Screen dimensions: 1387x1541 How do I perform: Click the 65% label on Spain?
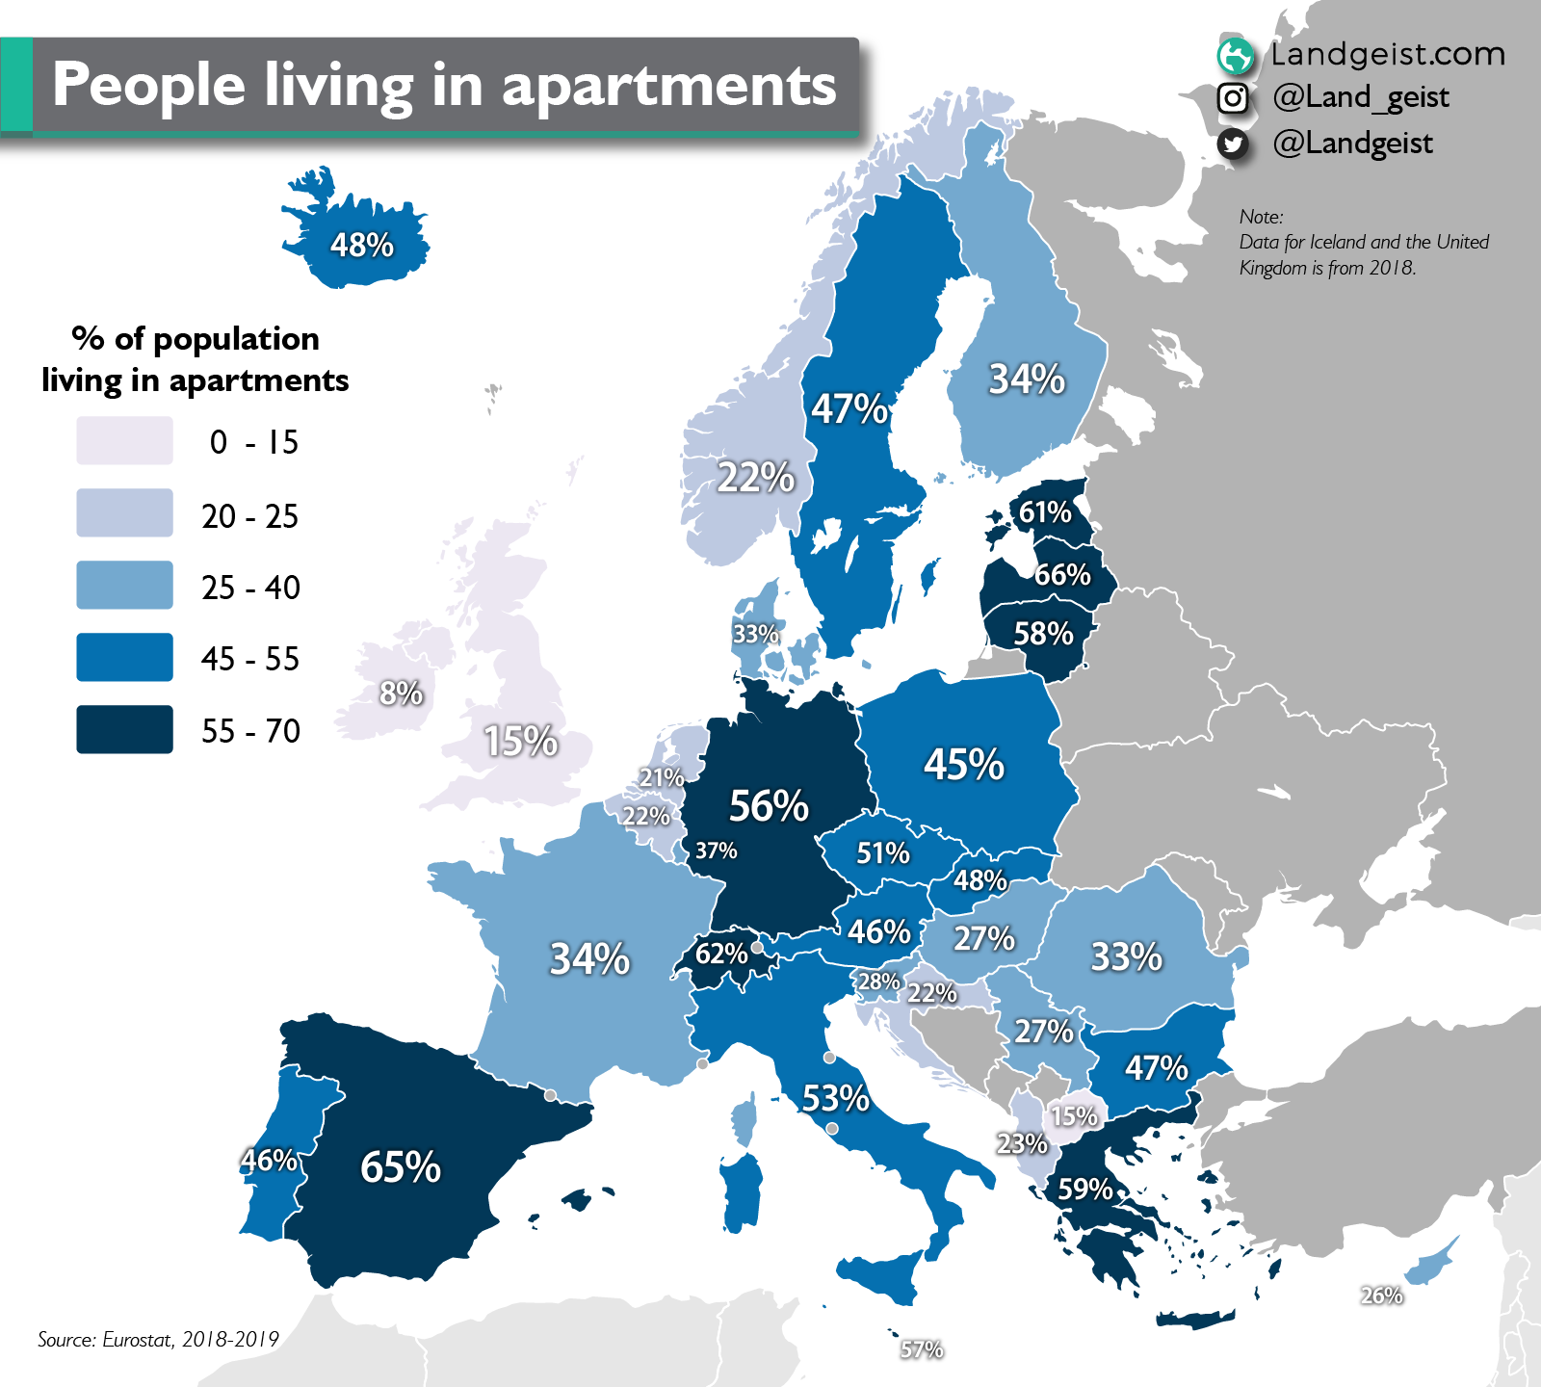click(401, 1166)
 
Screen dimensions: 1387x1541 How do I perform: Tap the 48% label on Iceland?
click(362, 245)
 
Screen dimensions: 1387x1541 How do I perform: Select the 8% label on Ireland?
click(401, 693)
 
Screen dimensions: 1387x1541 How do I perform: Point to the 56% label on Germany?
click(769, 805)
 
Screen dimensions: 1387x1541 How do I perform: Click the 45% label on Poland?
click(964, 764)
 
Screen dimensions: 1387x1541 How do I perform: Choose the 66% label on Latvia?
click(1062, 574)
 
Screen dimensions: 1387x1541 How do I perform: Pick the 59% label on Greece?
click(1085, 1189)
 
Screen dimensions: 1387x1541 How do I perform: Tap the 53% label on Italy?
click(835, 1097)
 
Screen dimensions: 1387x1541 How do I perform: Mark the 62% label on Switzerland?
click(721, 953)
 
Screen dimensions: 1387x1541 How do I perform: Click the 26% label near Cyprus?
click(1381, 1295)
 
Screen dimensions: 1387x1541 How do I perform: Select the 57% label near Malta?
click(922, 1349)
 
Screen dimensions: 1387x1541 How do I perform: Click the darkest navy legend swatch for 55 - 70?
click(125, 729)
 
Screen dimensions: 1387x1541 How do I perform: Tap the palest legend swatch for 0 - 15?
click(125, 441)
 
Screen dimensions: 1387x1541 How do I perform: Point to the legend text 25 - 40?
click(250, 587)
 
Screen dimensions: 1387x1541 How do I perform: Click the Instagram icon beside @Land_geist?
click(1233, 98)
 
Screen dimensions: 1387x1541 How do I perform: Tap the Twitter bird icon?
click(1233, 144)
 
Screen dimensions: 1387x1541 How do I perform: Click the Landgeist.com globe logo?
click(1235, 56)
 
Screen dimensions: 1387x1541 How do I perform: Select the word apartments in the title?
click(668, 85)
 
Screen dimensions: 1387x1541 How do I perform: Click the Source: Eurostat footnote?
click(158, 1339)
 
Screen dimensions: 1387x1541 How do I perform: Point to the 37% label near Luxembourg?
click(716, 851)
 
